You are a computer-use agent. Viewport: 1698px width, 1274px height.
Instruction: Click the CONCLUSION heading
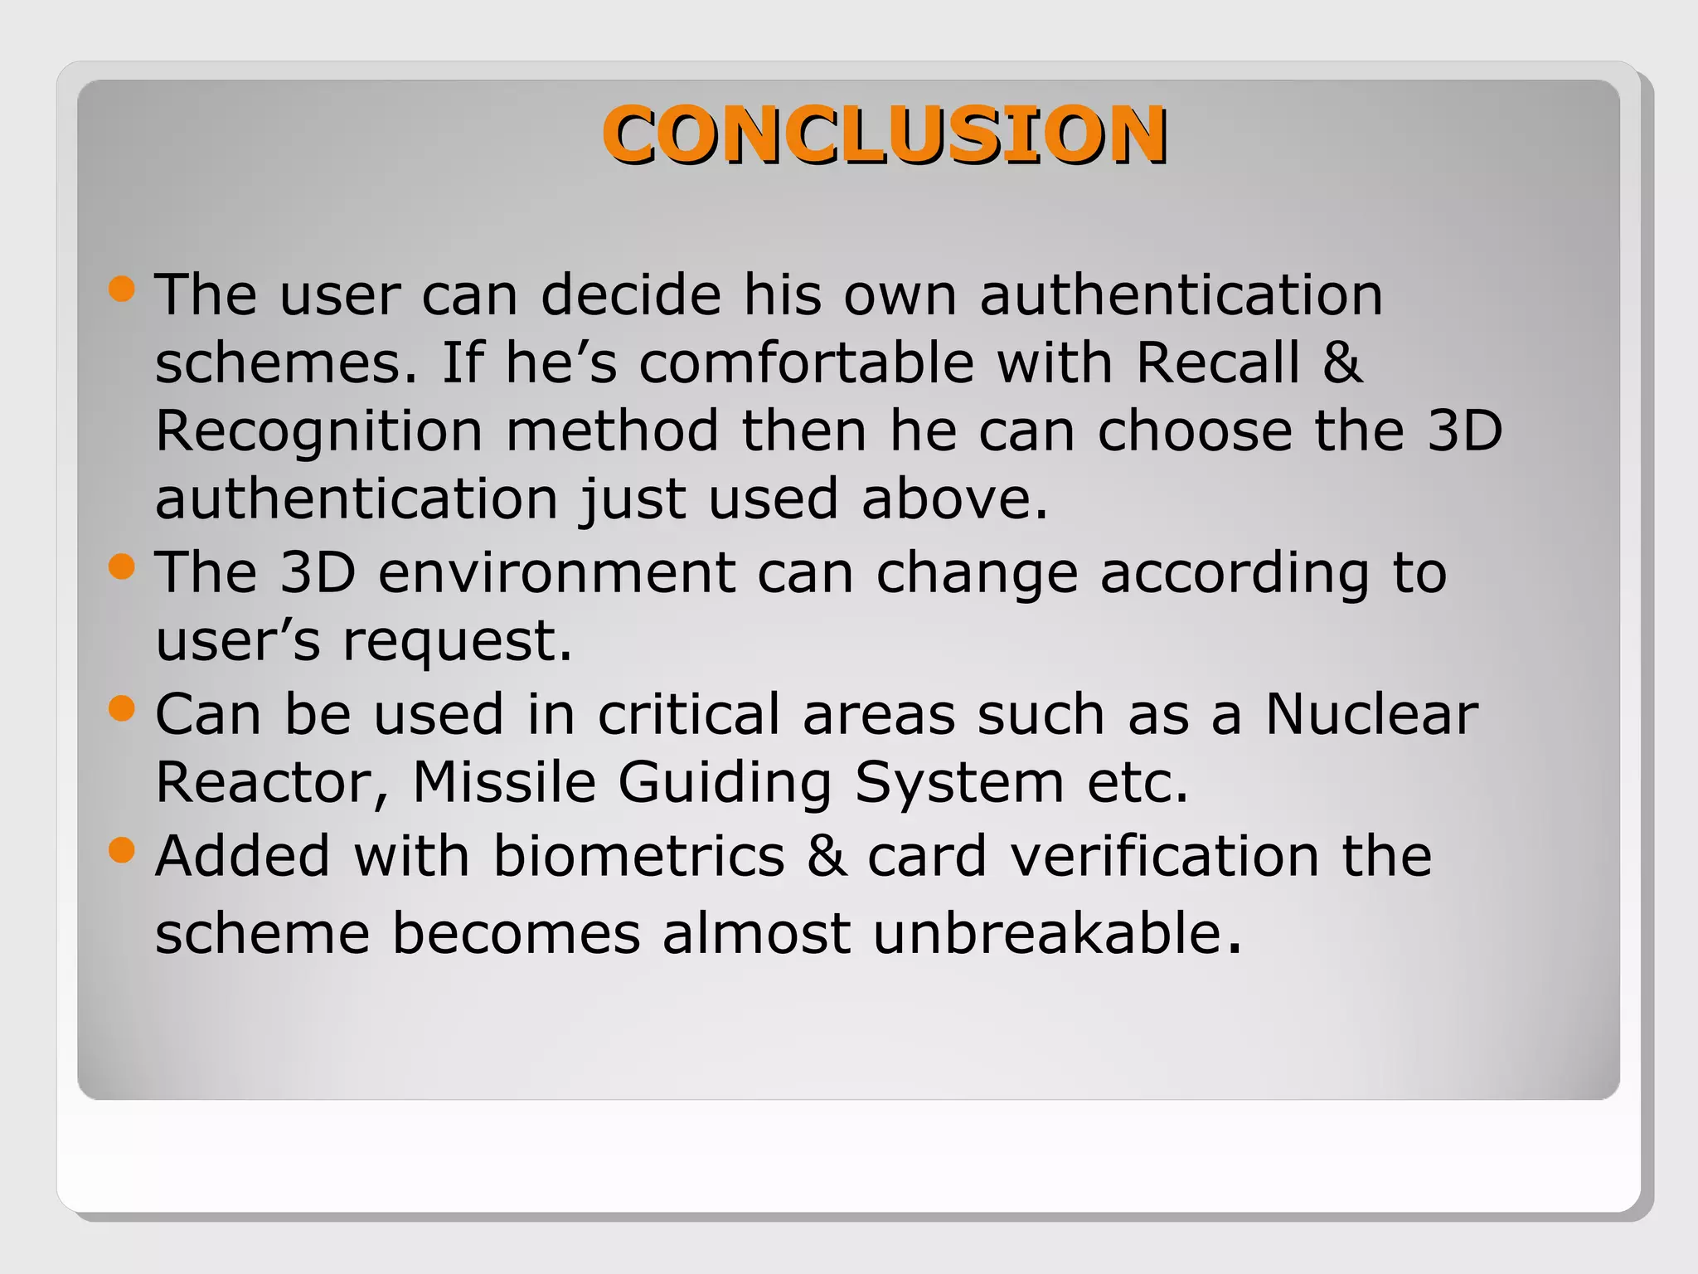[885, 134]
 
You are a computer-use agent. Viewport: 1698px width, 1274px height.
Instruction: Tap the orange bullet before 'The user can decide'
[121, 289]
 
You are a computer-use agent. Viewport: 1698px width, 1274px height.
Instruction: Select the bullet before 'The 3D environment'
[121, 567]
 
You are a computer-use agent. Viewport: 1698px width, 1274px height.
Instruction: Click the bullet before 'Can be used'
[121, 708]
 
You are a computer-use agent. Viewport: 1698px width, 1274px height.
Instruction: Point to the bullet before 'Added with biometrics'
[121, 850]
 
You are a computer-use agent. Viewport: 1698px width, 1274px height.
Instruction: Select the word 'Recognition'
[318, 431]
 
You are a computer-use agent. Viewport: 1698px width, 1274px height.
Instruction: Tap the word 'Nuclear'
[1371, 714]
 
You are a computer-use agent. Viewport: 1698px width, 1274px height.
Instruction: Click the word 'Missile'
[504, 782]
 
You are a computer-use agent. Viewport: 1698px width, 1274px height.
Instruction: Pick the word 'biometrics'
[638, 856]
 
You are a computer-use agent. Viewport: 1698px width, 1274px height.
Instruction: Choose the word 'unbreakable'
[1048, 933]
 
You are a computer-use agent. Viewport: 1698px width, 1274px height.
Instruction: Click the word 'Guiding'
[725, 784]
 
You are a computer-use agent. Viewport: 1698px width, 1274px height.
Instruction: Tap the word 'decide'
[631, 294]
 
